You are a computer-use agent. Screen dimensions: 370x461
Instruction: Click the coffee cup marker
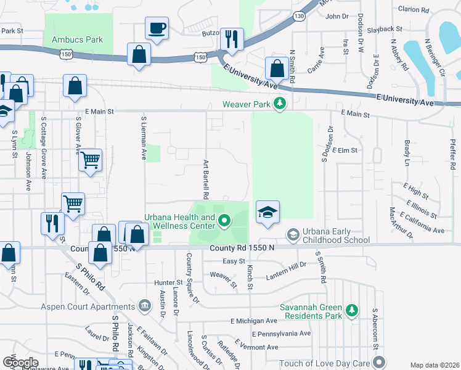click(x=157, y=28)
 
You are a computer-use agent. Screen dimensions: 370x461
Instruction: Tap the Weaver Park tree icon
click(x=280, y=103)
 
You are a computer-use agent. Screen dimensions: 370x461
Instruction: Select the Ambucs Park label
click(x=77, y=39)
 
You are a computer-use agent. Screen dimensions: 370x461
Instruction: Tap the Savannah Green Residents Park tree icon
click(x=351, y=310)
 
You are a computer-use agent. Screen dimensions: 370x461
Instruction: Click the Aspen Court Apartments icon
click(x=144, y=305)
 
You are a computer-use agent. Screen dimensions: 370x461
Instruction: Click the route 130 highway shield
click(x=300, y=16)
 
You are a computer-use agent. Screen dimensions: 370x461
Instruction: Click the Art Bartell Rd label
click(x=207, y=179)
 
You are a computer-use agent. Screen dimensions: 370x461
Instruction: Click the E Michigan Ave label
click(x=253, y=321)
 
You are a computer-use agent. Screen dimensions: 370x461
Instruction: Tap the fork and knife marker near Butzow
click(x=232, y=39)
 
